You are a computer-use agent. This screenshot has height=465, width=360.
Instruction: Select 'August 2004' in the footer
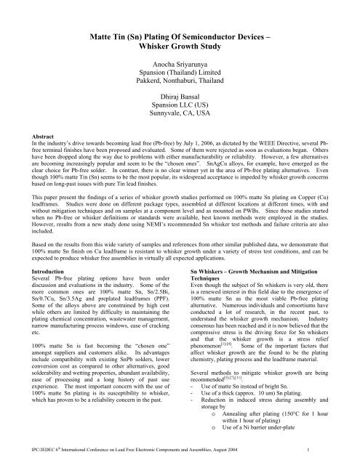[282, 451]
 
